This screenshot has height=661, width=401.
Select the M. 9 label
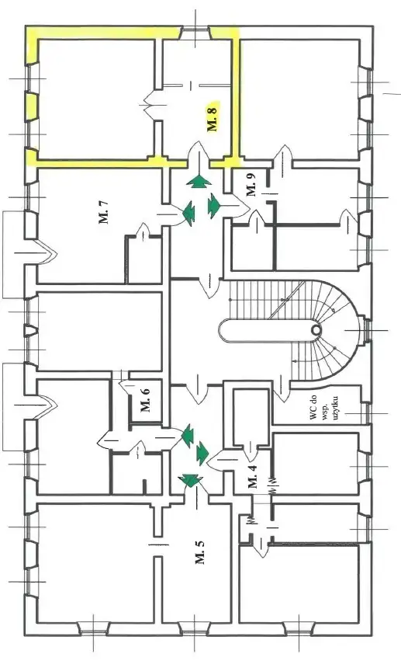pos(251,184)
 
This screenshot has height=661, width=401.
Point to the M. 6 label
pos(145,400)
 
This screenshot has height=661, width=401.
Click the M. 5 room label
pos(199,551)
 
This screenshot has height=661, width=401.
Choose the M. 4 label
pos(253,476)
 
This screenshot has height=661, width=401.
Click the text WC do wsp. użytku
pos(324,408)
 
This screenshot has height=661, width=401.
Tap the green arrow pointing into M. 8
pos(199,181)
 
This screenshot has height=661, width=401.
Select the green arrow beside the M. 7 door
pos(188,212)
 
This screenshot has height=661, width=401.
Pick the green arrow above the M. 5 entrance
pos(189,480)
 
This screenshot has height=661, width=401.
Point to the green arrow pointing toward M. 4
pos(202,453)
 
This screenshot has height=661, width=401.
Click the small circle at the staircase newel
pos(316,329)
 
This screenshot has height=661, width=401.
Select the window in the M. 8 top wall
pos(195,32)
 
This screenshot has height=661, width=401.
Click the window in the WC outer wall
pos(367,413)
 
